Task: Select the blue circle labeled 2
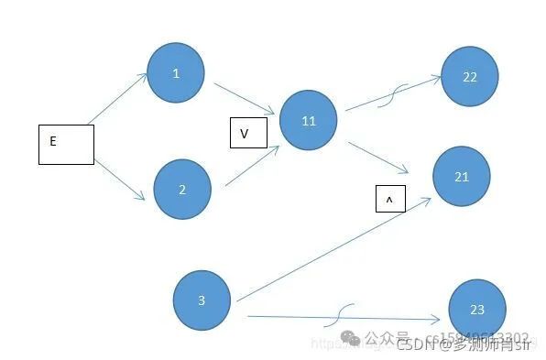pos(182,190)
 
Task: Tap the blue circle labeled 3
pos(202,300)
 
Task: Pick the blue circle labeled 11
pos(308,120)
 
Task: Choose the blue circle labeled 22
pos(470,77)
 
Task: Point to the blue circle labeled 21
pos(461,176)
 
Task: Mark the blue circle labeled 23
pos(477,310)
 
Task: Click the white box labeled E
pos(66,145)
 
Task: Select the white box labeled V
pos(247,134)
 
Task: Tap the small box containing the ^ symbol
pos(390,199)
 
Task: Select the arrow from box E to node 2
pos(120,180)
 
